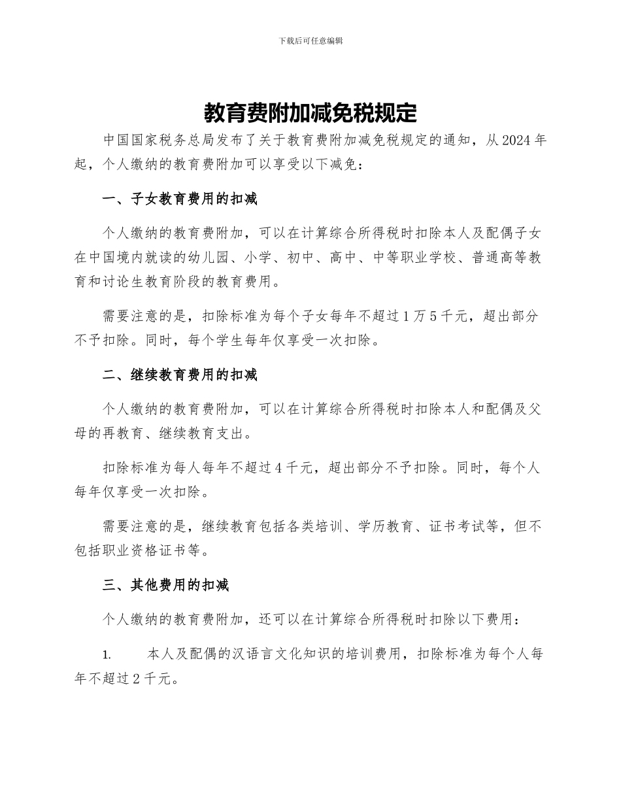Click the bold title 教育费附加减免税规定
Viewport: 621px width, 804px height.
point(310,113)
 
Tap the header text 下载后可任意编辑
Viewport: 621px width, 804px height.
point(310,41)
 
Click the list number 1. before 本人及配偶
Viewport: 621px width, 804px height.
point(108,654)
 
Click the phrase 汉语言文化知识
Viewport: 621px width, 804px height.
point(291,654)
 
